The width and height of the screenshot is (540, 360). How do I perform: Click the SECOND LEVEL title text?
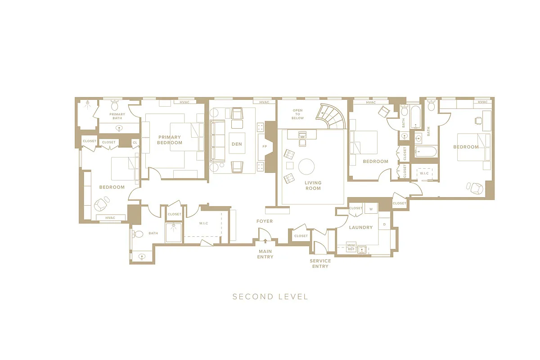tap(270, 297)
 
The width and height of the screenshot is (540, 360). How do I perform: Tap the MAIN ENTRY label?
tap(265, 254)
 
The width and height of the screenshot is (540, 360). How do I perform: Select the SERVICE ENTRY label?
tap(320, 263)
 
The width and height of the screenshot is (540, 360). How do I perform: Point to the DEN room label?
tap(237, 144)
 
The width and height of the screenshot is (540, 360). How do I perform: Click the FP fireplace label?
tap(265, 147)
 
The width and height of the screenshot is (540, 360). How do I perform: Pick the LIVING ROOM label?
tap(313, 185)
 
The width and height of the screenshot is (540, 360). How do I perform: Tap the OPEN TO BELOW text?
tap(297, 114)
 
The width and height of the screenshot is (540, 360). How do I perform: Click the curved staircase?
tap(331, 116)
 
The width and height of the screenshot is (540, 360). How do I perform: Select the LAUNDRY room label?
tap(360, 227)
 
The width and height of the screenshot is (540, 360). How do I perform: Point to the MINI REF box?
tap(351, 247)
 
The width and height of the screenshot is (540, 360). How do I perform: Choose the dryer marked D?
tap(384, 224)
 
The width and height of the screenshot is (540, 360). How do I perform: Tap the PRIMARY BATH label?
tap(117, 116)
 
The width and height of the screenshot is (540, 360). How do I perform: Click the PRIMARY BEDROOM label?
tap(169, 140)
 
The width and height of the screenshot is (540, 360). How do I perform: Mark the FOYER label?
tap(265, 221)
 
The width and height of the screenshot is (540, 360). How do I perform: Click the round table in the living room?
tap(307, 166)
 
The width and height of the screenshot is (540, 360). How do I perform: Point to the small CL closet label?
tap(135, 142)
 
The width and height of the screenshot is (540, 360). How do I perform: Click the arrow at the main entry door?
tap(265, 242)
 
